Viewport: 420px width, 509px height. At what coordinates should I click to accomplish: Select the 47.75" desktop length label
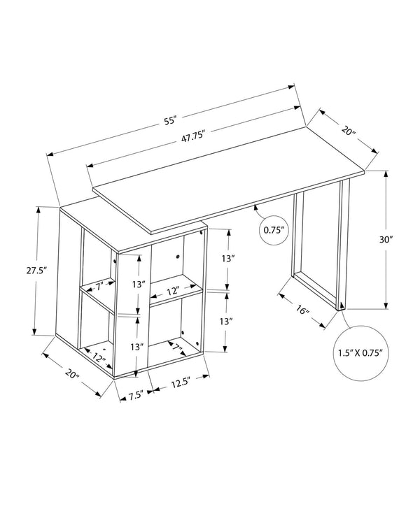(x=192, y=137)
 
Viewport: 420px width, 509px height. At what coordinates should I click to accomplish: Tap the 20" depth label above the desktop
(x=349, y=131)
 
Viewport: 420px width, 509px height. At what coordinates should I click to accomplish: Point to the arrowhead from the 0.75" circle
(x=256, y=206)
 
